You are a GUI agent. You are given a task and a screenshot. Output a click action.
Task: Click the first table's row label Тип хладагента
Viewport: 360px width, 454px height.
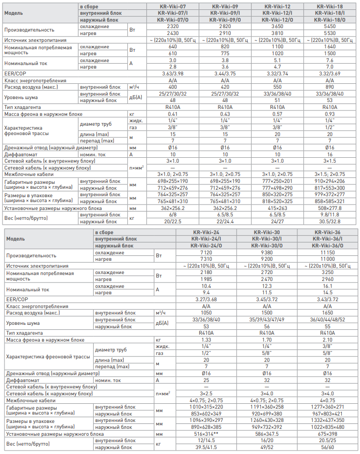coord(25,107)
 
